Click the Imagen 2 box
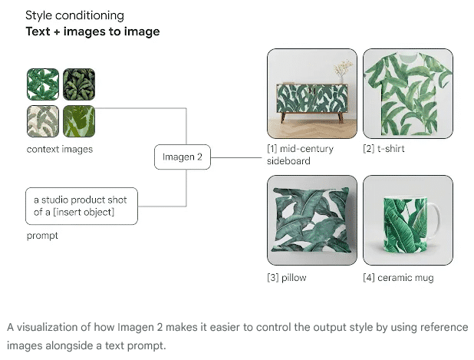(183, 157)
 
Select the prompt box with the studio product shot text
(81, 206)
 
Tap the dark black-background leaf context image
(79, 84)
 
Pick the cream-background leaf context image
(43, 121)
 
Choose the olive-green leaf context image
(79, 121)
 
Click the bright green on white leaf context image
(43, 84)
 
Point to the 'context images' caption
(60, 149)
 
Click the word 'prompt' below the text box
(42, 236)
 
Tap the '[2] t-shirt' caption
(383, 149)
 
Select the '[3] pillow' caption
(287, 278)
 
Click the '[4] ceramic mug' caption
(398, 278)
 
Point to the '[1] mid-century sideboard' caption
(300, 154)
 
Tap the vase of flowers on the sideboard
(343, 72)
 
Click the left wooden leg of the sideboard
(283, 117)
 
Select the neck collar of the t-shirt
(408, 56)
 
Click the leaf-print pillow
(311, 220)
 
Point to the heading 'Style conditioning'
(74, 15)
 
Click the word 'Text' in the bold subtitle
(38, 31)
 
